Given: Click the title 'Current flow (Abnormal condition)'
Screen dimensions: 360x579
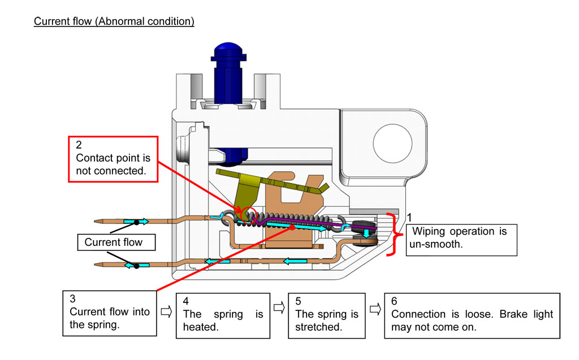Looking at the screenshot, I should (x=114, y=21).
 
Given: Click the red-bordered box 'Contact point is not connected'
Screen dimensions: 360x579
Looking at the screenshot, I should (x=113, y=159).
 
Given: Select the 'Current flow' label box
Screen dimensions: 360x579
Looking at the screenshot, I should (x=114, y=242).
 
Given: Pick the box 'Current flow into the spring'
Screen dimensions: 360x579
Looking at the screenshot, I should (x=109, y=311).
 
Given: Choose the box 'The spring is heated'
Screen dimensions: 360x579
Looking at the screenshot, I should (x=223, y=315).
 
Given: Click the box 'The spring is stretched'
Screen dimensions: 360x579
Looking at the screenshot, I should (x=327, y=315).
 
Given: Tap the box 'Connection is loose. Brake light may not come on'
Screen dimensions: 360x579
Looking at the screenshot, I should (x=472, y=315).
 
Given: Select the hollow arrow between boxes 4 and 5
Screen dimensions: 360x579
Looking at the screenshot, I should (x=278, y=308).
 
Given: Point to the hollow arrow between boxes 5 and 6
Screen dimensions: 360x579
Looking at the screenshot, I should (x=374, y=309).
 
